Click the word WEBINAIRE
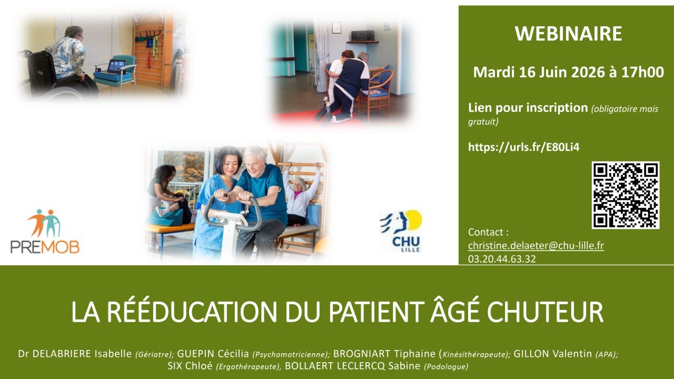point(568,33)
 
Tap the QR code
point(626,195)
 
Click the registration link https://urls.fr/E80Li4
point(523,147)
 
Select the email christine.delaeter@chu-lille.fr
point(536,246)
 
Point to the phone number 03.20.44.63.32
point(502,259)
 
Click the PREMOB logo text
point(45,247)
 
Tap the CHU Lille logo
point(401,231)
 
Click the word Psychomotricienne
point(290,354)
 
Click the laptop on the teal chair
point(116,67)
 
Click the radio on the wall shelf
point(363,36)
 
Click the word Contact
point(485,232)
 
